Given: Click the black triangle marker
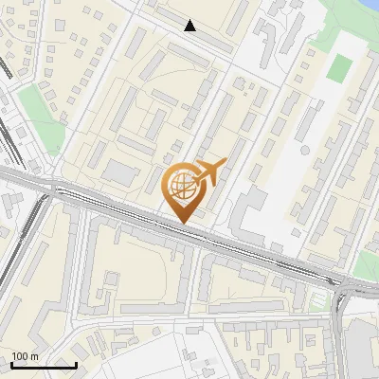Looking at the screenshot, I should (190, 26).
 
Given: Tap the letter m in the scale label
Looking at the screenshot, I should (35, 356).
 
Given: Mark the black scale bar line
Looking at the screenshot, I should (44, 365).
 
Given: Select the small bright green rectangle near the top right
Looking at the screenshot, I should (338, 67).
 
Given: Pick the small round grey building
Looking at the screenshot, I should (305, 150).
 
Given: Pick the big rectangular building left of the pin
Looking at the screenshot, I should (121, 172).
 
